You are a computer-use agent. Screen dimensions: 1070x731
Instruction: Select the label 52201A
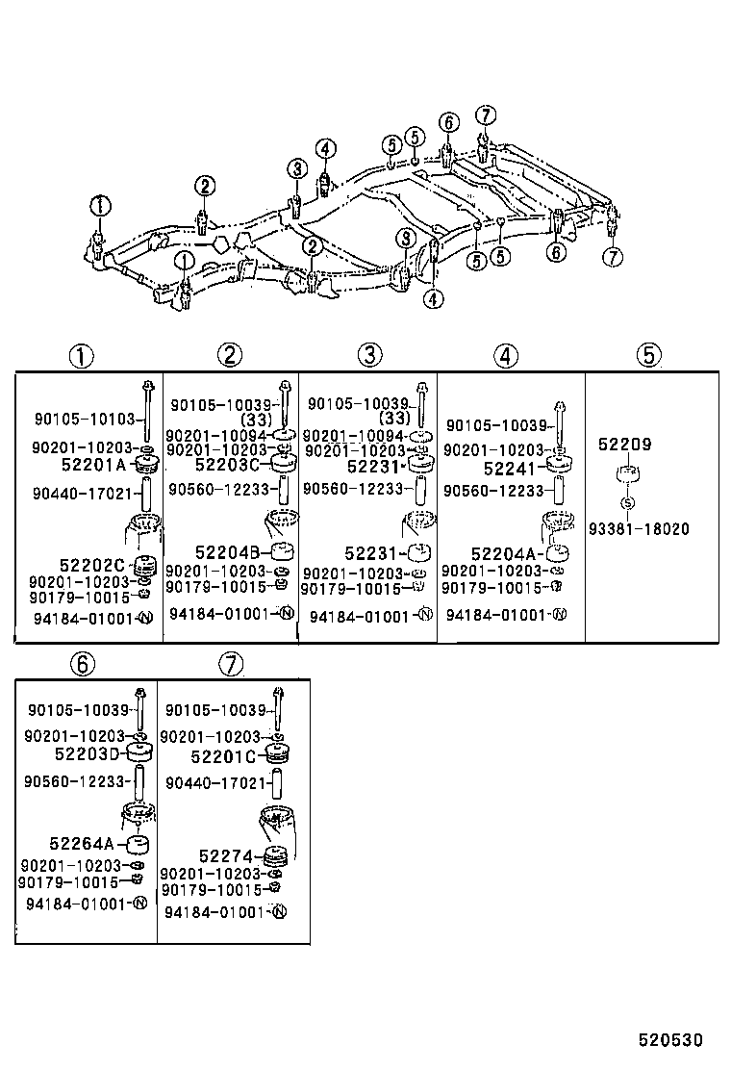[x=94, y=465]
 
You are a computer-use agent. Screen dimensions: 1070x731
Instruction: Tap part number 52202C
[x=92, y=565]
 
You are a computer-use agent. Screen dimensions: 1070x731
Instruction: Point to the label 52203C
[x=227, y=465]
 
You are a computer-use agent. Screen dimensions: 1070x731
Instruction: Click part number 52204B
[x=228, y=552]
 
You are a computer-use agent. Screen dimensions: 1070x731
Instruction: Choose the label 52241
[x=509, y=469]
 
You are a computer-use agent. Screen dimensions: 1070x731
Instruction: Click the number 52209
[x=624, y=445]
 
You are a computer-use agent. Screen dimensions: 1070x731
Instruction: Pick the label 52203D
[x=88, y=753]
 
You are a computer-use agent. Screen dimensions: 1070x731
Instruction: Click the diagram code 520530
[x=672, y=1040]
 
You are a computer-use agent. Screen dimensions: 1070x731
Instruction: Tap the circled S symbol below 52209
[x=627, y=502]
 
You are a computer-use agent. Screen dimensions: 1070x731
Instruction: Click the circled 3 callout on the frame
[x=295, y=169]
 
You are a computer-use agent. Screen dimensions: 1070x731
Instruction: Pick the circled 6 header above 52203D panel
[x=83, y=663]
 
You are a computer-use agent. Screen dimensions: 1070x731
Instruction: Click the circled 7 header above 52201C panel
[x=231, y=663]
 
